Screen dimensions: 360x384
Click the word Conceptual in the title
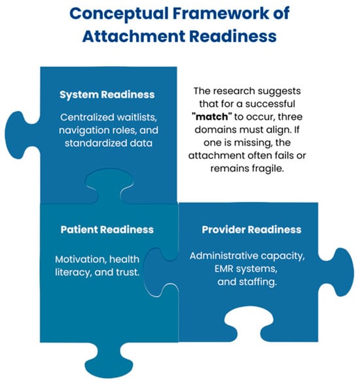point(119,14)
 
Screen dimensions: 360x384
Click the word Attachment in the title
point(134,36)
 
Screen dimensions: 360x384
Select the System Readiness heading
point(107,95)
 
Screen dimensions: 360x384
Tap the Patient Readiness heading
point(107,229)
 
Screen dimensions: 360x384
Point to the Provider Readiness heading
point(251,229)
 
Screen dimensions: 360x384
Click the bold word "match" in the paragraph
point(212,117)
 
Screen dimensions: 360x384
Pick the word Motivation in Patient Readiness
point(81,259)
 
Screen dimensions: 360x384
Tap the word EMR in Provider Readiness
point(224,269)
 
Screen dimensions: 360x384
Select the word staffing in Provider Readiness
point(258,282)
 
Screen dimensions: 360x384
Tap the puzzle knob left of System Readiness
point(21,135)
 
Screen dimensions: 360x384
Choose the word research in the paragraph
point(232,91)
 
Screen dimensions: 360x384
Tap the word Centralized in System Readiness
point(86,117)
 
